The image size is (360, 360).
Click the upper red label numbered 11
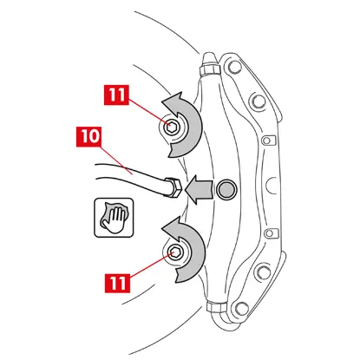coord(116,95)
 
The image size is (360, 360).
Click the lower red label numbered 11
coord(117,283)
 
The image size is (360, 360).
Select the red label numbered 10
coord(88,136)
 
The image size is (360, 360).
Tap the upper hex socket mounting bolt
coord(170,128)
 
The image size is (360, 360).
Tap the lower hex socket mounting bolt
coord(175,253)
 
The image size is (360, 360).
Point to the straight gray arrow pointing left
coord(200,190)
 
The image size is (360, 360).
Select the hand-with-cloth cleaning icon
coord(114,218)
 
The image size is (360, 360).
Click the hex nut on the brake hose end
coord(173,187)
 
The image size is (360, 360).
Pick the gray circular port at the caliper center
coord(226,189)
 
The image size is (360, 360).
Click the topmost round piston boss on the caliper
coord(234,67)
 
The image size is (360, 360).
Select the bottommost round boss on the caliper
coord(242,308)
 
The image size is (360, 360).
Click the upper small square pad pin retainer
coord(267,141)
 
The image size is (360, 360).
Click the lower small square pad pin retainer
coord(270,233)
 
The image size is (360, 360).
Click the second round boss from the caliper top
coord(259,101)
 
